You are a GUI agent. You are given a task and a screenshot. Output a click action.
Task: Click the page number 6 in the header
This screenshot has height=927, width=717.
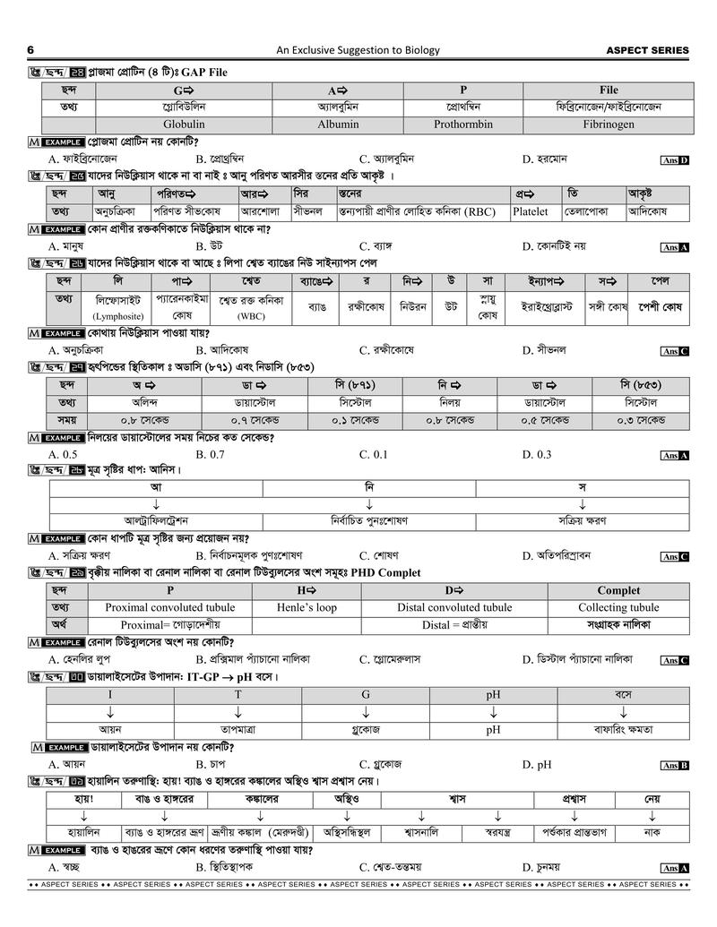click(31, 50)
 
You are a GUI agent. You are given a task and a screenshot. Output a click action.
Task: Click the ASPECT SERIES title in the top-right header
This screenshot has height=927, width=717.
click(647, 50)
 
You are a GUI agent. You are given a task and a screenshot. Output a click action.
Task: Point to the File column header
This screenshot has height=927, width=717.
click(609, 90)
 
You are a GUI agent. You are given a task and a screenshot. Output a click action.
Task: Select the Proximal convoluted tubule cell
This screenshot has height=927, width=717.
click(170, 607)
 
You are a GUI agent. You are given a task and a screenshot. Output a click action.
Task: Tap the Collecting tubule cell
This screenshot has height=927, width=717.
click(618, 607)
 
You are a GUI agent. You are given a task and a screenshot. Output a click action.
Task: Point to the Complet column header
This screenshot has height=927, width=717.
click(618, 590)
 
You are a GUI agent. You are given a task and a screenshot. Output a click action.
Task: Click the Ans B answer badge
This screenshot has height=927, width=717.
click(674, 765)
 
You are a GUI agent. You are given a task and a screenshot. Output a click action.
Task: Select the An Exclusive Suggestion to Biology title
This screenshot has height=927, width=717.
click(358, 50)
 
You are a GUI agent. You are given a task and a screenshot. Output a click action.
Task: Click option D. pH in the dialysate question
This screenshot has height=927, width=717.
click(537, 764)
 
